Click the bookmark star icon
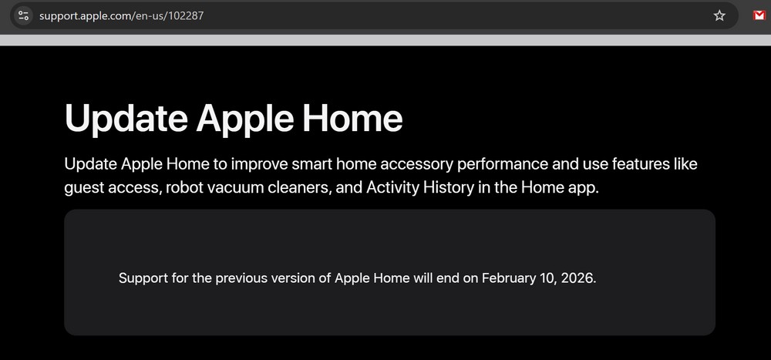(x=719, y=15)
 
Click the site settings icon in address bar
(x=23, y=15)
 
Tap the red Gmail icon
(x=759, y=15)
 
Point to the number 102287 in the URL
(x=185, y=15)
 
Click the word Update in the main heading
(x=126, y=119)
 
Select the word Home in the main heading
(x=352, y=119)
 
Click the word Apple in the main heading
(x=244, y=119)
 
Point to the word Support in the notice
(x=143, y=278)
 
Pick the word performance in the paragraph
(x=502, y=163)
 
